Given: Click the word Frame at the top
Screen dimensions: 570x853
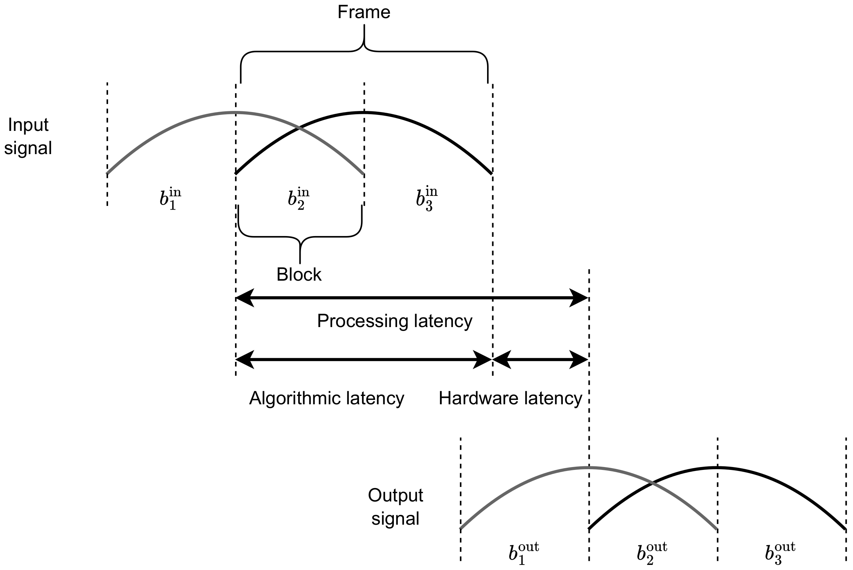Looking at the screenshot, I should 364,12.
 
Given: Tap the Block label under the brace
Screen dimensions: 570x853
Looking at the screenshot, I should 299,274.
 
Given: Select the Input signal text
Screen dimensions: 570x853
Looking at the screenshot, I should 28,136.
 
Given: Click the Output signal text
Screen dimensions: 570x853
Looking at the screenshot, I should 395,507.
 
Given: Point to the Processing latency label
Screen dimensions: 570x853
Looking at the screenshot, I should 395,321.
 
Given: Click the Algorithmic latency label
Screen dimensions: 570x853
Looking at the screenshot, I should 326,398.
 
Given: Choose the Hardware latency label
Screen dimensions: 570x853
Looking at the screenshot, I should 510,398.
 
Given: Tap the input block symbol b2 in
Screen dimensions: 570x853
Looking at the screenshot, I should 298,199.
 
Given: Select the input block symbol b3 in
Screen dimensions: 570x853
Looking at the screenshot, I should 426,199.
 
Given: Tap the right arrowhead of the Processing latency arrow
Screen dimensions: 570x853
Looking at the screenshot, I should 580,298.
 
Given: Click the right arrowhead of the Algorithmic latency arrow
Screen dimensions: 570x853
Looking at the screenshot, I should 483,360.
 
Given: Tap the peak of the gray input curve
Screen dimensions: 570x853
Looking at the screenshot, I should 236,113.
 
